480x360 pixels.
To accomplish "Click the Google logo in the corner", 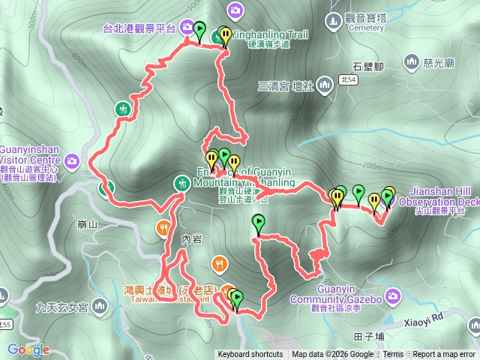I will (28, 349).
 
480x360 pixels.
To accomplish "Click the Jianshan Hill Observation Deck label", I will (439, 196).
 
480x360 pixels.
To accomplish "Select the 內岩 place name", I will (193, 239).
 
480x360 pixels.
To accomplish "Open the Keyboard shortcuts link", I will (250, 355).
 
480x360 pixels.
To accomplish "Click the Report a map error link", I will (443, 355).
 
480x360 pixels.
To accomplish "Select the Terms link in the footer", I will (393, 355).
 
